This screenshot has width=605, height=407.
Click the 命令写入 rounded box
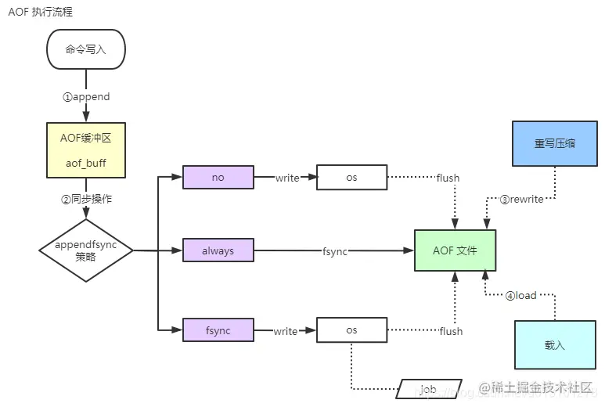[x=86, y=49]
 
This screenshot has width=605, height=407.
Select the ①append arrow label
[x=86, y=97]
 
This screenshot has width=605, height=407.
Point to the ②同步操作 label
[x=86, y=199]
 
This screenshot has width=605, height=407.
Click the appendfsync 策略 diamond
[x=86, y=250]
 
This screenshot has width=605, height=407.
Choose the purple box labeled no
[x=218, y=178]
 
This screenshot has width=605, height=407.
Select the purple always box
[x=218, y=251]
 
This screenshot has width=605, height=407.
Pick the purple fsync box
[x=218, y=330]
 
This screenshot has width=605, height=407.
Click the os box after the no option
[x=351, y=178]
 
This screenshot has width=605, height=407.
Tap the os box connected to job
[x=351, y=330]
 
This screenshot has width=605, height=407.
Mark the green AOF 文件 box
[x=455, y=250]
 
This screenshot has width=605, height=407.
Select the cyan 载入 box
[x=555, y=344]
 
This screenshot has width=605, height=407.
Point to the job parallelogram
[x=427, y=389]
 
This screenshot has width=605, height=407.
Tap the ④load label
[x=520, y=296]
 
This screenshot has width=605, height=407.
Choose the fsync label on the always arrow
[x=334, y=251]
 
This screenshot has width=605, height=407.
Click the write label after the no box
[x=287, y=178]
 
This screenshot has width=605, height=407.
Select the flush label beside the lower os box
[x=451, y=331]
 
